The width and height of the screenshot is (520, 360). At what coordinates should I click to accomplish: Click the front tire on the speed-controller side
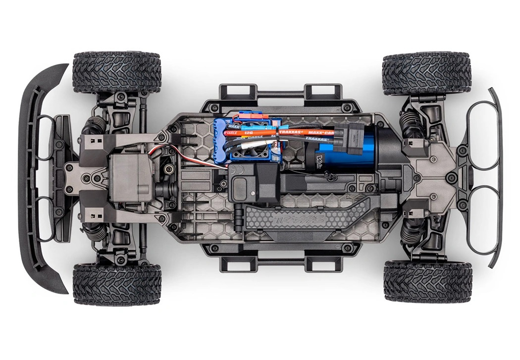[x=117, y=71]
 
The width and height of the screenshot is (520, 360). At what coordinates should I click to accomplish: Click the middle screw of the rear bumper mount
[x=451, y=177]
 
